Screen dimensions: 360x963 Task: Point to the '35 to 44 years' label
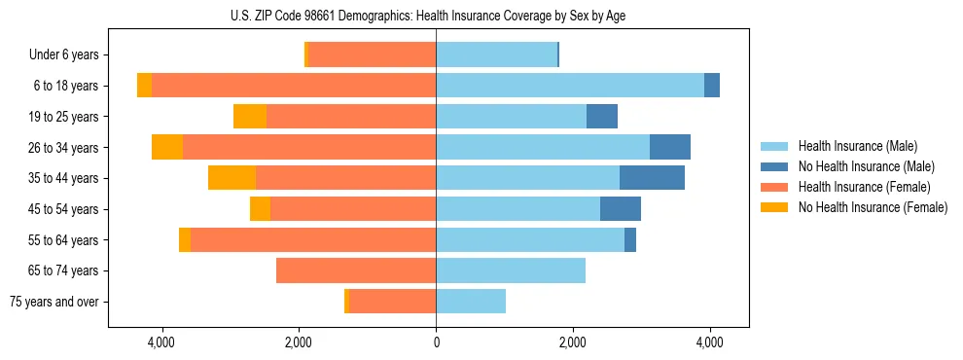66,178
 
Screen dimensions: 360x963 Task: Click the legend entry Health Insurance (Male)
857,146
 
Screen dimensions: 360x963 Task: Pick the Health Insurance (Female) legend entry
865,187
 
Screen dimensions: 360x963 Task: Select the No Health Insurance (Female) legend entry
873,207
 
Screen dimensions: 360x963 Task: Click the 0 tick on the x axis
436,342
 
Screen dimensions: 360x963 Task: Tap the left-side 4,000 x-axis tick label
161,342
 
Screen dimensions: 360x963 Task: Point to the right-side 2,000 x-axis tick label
573,342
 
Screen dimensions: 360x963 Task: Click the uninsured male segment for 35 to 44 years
652,178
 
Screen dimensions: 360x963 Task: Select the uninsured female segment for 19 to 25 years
250,117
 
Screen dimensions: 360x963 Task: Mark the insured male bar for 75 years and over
471,302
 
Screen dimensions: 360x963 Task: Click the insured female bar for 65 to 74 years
356,270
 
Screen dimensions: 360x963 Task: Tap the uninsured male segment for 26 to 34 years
670,147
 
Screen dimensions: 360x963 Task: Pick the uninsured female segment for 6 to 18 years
144,86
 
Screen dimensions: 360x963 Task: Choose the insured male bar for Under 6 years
496,54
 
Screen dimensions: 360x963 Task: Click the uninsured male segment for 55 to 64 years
630,239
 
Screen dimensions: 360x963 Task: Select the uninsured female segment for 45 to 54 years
260,209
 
